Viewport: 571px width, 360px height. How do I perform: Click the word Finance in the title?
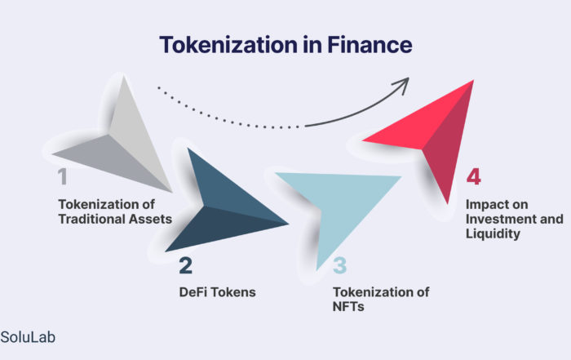pos(370,44)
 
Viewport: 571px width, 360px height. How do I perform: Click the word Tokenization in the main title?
pos(228,45)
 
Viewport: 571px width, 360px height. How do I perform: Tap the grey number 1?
pos(63,177)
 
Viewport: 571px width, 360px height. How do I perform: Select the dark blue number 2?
pos(185,265)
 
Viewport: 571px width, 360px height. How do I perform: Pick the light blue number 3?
pos(340,265)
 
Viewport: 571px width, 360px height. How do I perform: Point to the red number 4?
pos(474,177)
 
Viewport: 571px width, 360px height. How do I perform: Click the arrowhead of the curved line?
pos(402,85)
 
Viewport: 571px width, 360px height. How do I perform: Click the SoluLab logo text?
pos(28,337)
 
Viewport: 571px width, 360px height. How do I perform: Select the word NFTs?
pos(348,306)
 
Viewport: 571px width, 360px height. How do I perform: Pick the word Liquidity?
pos(493,234)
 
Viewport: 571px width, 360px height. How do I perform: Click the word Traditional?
pos(86,219)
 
